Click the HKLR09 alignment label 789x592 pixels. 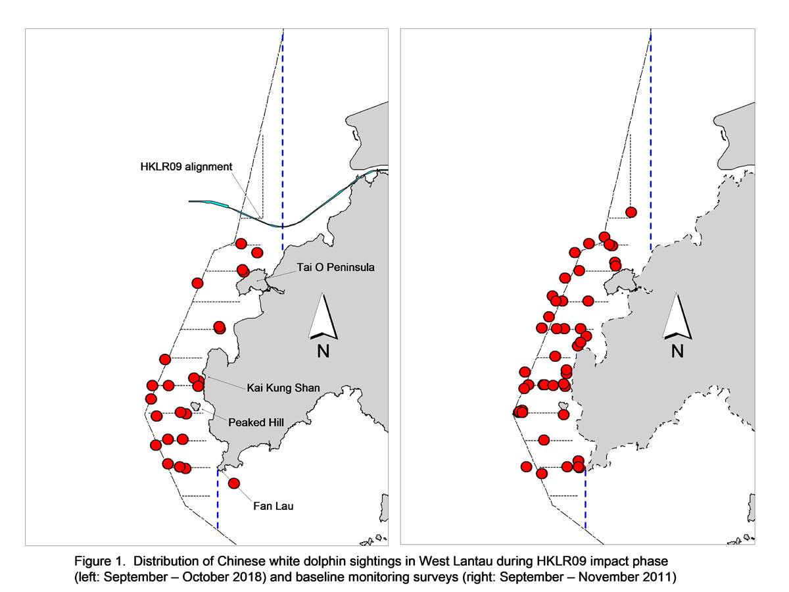click(x=186, y=167)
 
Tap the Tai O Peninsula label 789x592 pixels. click(x=335, y=267)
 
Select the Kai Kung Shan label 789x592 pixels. click(x=283, y=388)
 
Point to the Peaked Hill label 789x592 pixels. click(x=256, y=422)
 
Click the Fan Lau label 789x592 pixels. click(x=273, y=506)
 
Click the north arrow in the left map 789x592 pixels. click(x=323, y=316)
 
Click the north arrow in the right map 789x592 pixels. click(x=677, y=316)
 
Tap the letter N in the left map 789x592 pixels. click(x=323, y=351)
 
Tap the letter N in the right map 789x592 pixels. click(x=677, y=351)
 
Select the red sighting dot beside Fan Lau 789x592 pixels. click(x=234, y=483)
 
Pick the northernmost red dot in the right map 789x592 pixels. click(x=631, y=212)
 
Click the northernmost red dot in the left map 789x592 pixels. click(x=241, y=243)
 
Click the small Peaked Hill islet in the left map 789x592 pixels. click(x=196, y=407)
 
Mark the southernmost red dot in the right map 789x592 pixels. click(x=542, y=474)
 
